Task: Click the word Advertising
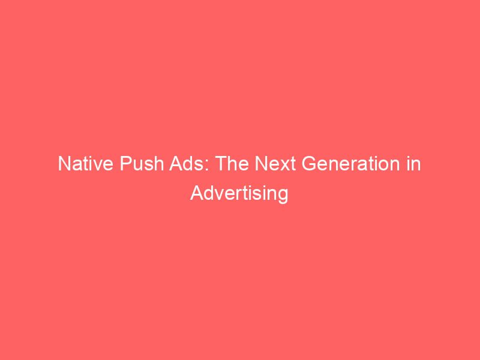240,194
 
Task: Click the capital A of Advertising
197,193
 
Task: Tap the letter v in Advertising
217,195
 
